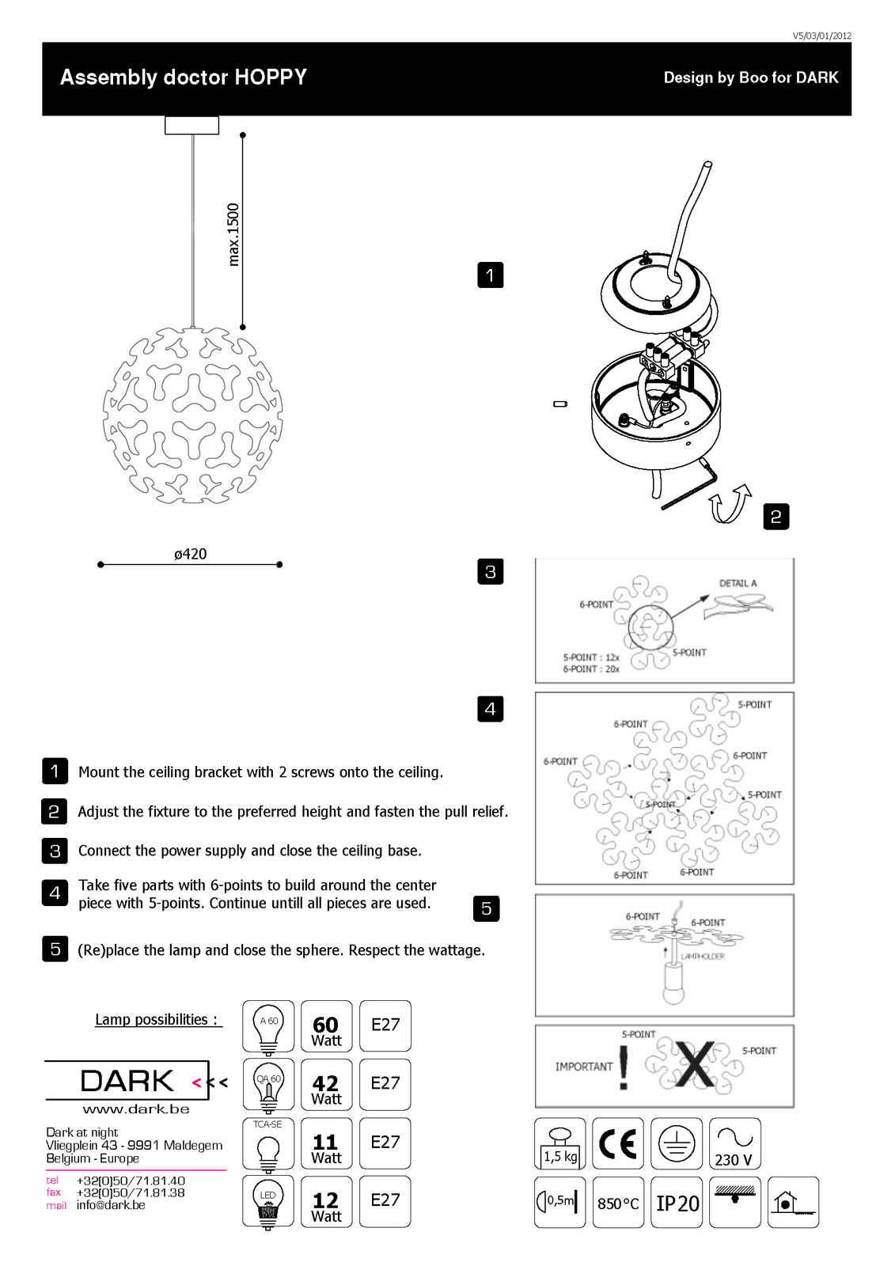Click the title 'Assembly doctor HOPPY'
pos(184,78)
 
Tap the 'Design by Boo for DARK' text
pos(750,78)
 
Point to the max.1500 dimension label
pos(233,235)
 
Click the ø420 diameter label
pos(190,554)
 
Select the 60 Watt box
pos(326,1026)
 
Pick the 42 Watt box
pos(326,1085)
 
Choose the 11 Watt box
pos(326,1143)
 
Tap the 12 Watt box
pos(326,1202)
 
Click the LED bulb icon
pos(268,1202)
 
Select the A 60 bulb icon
pos(268,1026)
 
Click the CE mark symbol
pos(618,1143)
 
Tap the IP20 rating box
pos(677,1203)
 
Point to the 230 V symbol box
pos(734,1143)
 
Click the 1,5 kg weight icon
pos(559,1143)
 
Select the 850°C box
pos(618,1203)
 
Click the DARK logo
pos(127,1081)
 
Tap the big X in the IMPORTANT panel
pos(694,1065)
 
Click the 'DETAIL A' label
pos(738,583)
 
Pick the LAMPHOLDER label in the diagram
pos(703,957)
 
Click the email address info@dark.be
pos(111,1205)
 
